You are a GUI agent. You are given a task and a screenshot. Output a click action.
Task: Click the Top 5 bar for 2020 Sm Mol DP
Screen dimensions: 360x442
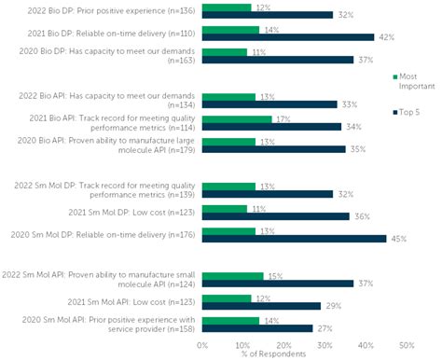click(x=294, y=238)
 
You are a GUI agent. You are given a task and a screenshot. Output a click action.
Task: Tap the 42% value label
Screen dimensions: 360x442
click(x=385, y=37)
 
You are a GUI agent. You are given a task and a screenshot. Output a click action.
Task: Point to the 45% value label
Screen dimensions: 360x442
click(x=397, y=238)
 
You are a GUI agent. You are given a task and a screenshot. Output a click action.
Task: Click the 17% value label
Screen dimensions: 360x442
click(x=282, y=118)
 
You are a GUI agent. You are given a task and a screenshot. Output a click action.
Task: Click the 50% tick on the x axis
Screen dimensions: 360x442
click(x=406, y=343)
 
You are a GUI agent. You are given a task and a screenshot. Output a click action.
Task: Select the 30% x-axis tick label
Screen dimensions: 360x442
click(x=325, y=343)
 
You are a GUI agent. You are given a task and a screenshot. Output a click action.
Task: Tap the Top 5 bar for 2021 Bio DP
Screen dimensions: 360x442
click(x=287, y=37)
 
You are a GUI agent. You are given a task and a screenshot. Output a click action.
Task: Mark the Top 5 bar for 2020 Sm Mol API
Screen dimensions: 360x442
click(x=257, y=327)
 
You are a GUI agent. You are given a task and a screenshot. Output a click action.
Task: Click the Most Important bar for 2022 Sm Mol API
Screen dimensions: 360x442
click(x=232, y=275)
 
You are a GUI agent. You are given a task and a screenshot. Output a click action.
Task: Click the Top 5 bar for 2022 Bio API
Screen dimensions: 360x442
click(x=269, y=104)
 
